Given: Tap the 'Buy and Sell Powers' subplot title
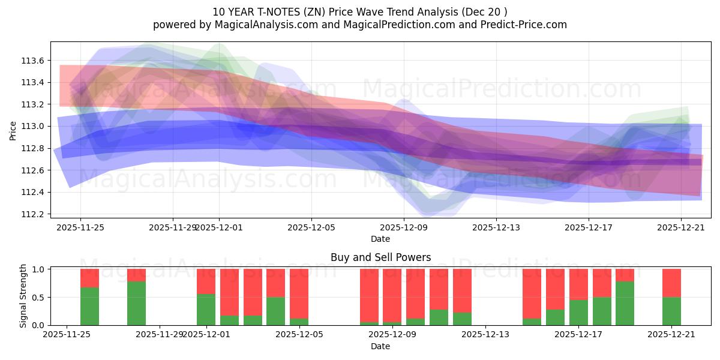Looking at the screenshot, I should click(x=380, y=257).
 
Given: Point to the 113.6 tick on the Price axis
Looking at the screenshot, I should click(x=32, y=61).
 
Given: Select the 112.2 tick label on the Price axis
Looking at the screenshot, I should click(x=32, y=214).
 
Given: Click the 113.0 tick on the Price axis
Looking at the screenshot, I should click(x=32, y=126).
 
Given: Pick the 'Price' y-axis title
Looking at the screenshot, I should click(x=13, y=130).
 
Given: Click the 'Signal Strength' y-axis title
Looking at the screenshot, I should click(x=24, y=296).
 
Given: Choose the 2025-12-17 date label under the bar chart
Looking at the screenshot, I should click(x=578, y=334).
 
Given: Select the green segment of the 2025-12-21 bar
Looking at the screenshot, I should click(x=671, y=311).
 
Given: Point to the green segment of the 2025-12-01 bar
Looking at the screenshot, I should click(x=206, y=310).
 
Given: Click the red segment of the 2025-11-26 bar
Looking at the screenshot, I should click(x=89, y=278).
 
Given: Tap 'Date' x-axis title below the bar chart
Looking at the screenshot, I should click(x=380, y=346).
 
